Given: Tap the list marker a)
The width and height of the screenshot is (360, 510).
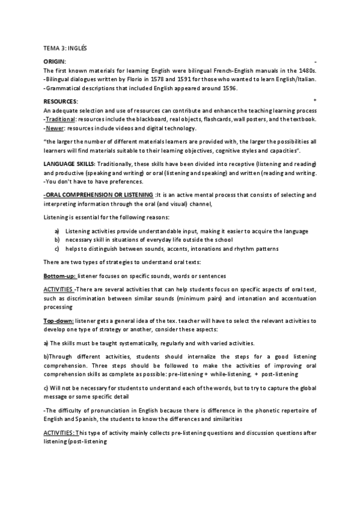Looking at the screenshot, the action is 56,232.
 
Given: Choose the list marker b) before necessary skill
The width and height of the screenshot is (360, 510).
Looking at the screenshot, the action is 56,240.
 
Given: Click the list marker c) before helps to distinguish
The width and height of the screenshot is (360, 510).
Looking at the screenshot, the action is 56,248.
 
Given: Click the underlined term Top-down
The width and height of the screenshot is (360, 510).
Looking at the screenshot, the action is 59,321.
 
